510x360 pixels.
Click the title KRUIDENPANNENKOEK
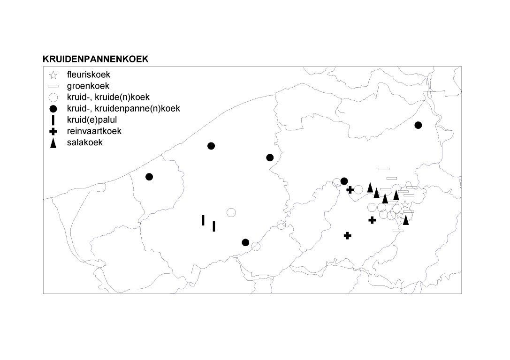95,59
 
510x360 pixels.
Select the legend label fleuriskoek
89,75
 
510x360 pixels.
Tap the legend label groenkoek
88,86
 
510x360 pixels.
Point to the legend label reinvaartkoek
94,131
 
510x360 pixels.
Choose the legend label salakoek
84,142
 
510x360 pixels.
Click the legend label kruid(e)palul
91,120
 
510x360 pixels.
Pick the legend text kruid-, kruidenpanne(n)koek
123,109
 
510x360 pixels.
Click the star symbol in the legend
53,75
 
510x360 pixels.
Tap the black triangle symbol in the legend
53,143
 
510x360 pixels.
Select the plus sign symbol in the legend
53,132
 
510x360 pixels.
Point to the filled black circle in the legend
53,109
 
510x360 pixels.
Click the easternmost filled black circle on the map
419,125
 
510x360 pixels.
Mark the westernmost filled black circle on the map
149,177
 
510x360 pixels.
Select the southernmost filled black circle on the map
245,242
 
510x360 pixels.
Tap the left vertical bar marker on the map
203,220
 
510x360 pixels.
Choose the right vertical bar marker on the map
213,226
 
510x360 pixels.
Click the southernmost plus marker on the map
347,236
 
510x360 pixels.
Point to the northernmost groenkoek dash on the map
384,169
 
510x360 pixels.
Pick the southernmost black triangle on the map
406,220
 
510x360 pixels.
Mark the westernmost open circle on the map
231,212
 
